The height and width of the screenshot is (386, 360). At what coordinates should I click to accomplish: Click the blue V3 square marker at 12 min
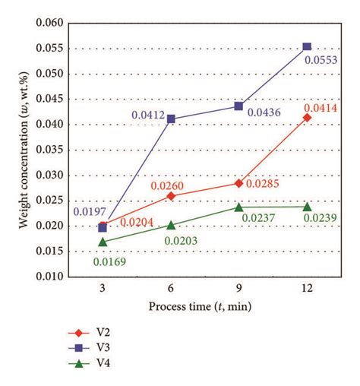[x=307, y=47]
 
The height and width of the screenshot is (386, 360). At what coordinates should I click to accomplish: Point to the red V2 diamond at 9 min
[x=238, y=183]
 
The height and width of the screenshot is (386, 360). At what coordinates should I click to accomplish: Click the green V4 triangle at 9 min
[x=238, y=207]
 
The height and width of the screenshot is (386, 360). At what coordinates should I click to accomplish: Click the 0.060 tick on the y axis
[x=48, y=23]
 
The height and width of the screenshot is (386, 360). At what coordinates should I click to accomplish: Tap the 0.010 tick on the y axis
[x=48, y=277]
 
